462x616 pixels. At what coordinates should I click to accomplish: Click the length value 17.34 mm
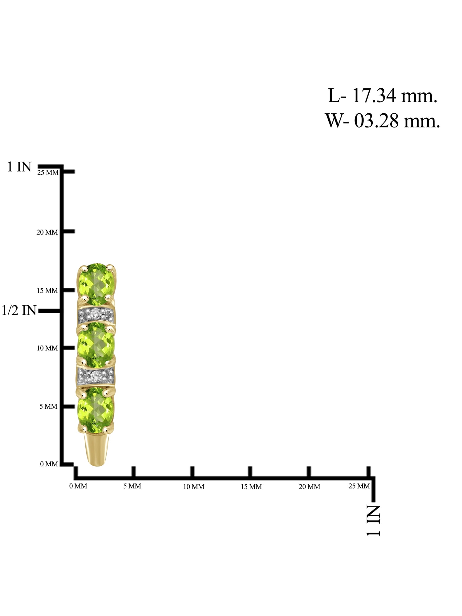pyautogui.click(x=395, y=95)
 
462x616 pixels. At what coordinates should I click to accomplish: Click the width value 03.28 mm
pyautogui.click(x=397, y=120)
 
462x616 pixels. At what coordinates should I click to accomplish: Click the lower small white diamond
pyautogui.click(x=96, y=375)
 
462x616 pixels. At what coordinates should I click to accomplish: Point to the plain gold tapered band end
pyautogui.click(x=97, y=449)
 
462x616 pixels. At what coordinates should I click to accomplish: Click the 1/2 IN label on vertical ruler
pyautogui.click(x=19, y=310)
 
